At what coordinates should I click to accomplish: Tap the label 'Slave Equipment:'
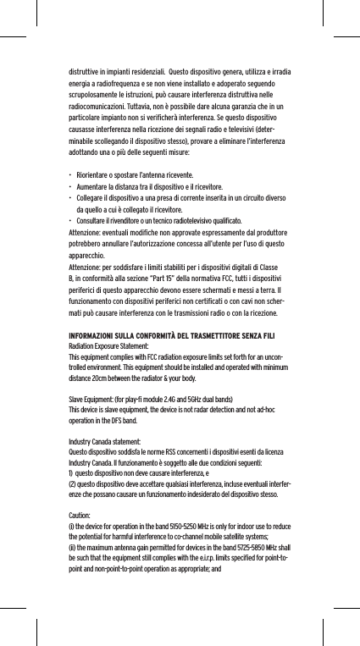[x=90, y=397]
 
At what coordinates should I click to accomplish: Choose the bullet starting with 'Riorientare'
[x=130, y=173]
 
